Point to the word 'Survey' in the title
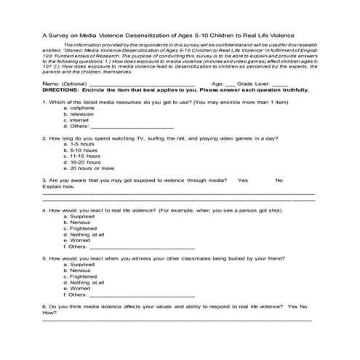coord(59,33)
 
